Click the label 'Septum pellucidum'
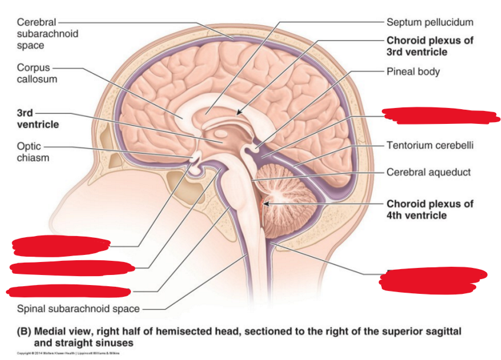[430, 22]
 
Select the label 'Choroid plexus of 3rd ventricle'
[430, 46]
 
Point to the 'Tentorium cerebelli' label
[430, 145]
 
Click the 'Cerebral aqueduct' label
[428, 172]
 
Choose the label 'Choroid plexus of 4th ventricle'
[430, 210]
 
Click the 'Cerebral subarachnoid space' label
[47, 34]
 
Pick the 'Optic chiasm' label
[33, 152]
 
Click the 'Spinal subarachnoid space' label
[78, 308]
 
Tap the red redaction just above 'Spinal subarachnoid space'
[68, 290]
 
